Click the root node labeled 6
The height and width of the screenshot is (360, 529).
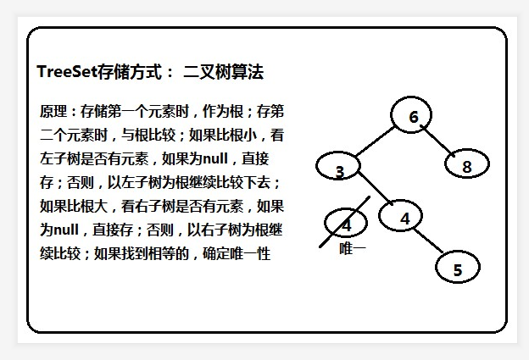pos(413,117)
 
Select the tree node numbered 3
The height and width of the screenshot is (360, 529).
pos(339,169)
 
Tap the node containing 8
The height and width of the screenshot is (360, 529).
pos(466,165)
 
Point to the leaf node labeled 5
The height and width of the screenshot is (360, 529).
pos(458,269)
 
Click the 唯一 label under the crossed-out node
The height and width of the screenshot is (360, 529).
pos(352,248)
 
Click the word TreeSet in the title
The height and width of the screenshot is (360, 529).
pos(67,73)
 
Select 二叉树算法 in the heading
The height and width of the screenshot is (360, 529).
pos(224,73)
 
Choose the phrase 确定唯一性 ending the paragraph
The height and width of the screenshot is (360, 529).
pos(237,253)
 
